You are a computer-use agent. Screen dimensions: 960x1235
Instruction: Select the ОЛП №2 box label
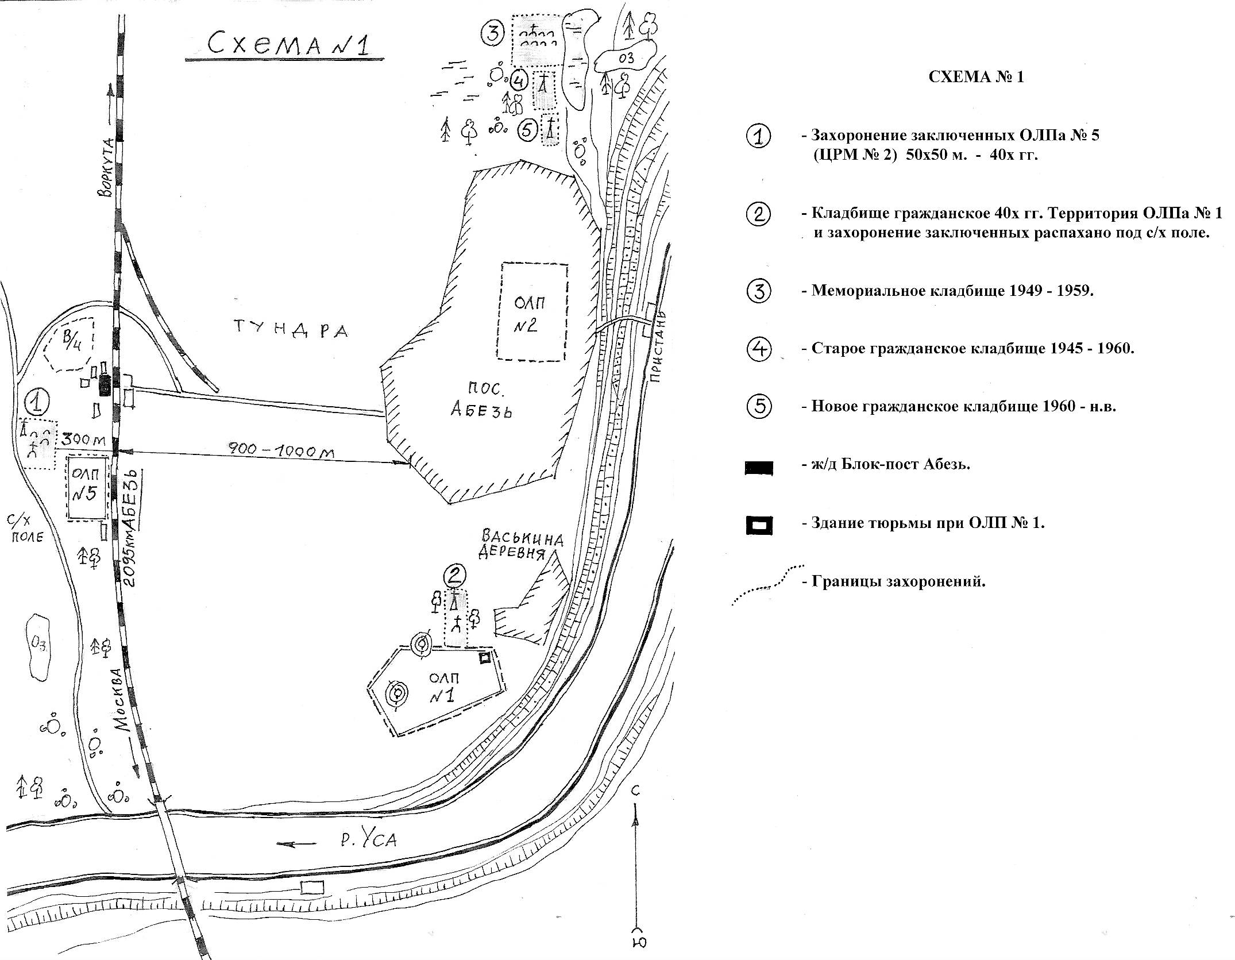click(530, 314)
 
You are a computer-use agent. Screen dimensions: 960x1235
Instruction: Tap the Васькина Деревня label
click(522, 545)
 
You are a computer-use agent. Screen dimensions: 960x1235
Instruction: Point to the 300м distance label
click(84, 439)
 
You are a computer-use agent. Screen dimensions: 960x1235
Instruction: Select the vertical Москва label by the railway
click(122, 699)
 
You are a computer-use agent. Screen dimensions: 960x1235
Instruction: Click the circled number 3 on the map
click(493, 33)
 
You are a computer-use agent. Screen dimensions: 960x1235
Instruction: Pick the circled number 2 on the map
click(455, 575)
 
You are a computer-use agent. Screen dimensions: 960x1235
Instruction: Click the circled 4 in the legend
click(759, 349)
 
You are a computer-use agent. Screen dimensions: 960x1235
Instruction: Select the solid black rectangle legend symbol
click(758, 468)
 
